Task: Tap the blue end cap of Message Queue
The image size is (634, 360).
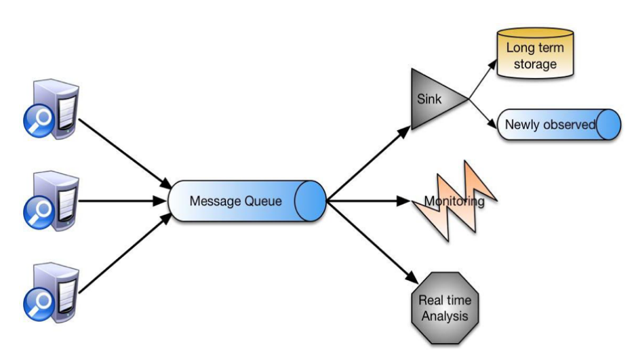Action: [x=312, y=201]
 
